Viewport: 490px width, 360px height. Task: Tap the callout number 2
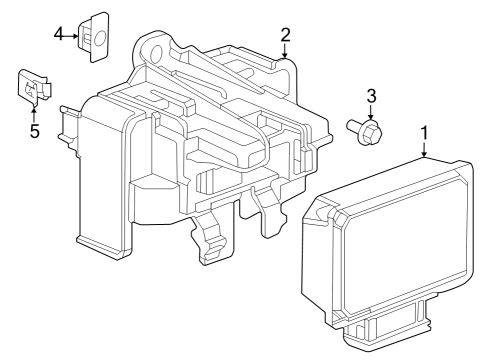coord(285,35)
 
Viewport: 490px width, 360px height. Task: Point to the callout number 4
coord(59,36)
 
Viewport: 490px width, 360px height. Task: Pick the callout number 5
coord(34,131)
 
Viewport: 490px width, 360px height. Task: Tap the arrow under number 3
coord(370,113)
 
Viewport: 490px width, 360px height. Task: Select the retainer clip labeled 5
coord(31,88)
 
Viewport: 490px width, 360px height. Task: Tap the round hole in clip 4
coord(100,39)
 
